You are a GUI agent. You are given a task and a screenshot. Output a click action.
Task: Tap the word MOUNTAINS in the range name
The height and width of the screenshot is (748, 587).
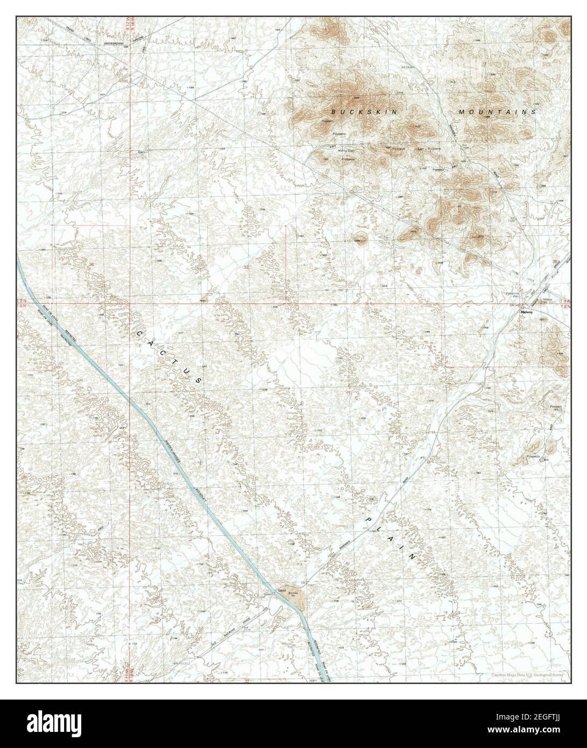tap(497, 112)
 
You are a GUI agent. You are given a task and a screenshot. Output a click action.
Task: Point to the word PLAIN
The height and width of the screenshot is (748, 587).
tap(391, 538)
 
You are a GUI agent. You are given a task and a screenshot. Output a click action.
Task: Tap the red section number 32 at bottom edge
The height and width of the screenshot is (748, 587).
tap(247, 681)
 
